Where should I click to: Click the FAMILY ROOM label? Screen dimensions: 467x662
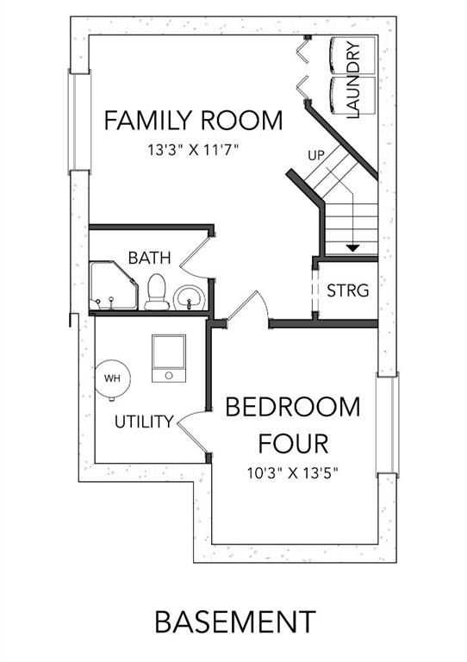193,121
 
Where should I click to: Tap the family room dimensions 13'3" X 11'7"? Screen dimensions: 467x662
194,150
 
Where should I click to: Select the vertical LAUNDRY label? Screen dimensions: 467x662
352,79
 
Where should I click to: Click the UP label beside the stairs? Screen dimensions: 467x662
316,155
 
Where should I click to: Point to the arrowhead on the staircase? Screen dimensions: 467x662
352,248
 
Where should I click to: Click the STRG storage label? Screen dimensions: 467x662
348,290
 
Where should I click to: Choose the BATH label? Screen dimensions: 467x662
149,258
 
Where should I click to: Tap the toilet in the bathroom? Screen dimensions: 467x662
157,291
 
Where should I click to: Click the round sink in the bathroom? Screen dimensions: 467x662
190,297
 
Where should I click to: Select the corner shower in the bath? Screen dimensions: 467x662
114,285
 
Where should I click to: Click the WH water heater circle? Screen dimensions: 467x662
112,378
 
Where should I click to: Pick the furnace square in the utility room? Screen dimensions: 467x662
169,359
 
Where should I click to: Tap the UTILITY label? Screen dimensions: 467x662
144,422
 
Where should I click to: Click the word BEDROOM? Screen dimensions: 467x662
293,407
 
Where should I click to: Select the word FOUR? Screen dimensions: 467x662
293,443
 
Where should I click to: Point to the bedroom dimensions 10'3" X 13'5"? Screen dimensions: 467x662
293,473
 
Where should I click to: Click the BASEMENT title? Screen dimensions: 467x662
235,621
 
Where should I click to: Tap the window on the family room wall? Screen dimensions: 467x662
79,122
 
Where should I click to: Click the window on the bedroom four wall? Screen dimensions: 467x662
387,425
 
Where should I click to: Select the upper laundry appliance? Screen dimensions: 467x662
353,56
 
